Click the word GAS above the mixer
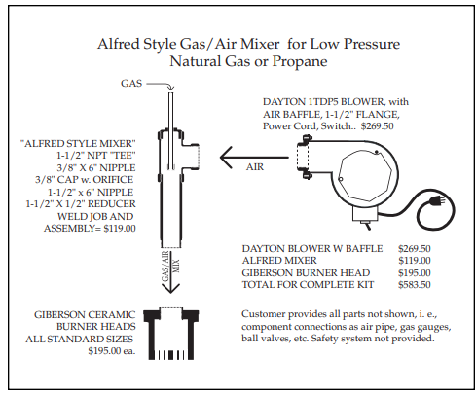(131, 84)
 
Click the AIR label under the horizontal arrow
(255, 167)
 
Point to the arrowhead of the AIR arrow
(226, 158)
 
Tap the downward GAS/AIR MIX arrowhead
(170, 288)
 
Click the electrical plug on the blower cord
(437, 200)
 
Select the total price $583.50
(415, 285)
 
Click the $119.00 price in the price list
(415, 261)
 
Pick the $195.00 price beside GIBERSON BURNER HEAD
(415, 272)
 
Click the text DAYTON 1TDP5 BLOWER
(323, 102)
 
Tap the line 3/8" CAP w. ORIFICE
(84, 180)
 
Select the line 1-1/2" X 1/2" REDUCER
(81, 204)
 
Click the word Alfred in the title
(118, 44)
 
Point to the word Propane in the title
(300, 61)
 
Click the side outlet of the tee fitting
(194, 157)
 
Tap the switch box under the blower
(365, 214)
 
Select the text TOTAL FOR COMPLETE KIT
(308, 285)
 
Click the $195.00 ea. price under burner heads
(112, 351)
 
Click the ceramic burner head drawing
(170, 334)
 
